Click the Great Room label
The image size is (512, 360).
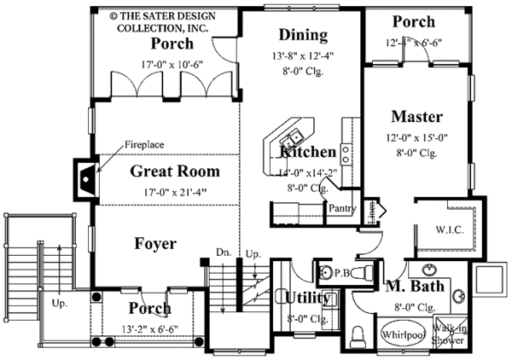click(175, 171)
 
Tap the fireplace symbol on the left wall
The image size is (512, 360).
click(86, 178)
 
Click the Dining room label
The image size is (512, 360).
click(303, 35)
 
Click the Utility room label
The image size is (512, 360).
click(304, 297)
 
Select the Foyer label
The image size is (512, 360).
click(155, 244)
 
